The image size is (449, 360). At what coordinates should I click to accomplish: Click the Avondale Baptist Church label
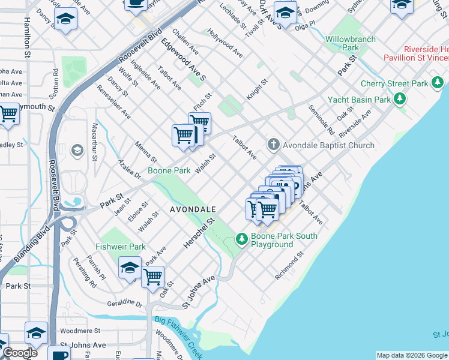coord(329,145)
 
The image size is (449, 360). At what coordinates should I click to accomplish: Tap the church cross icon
coord(273,144)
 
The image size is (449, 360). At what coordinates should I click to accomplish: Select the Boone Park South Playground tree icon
coord(242,239)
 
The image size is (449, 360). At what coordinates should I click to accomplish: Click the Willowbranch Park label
coord(351,43)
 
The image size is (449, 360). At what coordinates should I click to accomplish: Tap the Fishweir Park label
coord(121,247)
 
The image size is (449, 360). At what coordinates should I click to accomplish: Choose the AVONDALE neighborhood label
coord(193,209)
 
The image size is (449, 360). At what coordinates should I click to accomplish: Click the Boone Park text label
coord(169,171)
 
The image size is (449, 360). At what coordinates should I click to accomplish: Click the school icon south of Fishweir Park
coord(130,268)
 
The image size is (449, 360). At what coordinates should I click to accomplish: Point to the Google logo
coord(19,353)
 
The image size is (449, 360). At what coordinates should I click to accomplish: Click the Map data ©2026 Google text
coord(412,355)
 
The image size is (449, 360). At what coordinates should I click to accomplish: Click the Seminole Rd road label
coord(321,119)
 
